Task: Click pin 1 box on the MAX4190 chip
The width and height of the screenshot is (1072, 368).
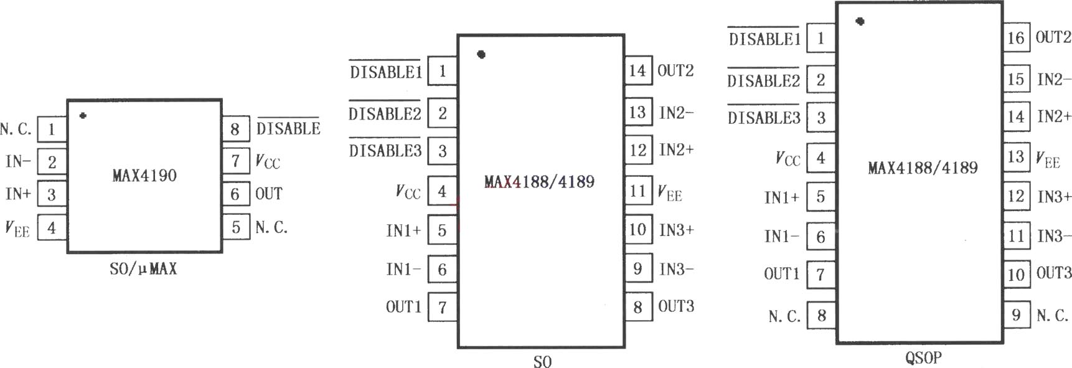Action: [x=52, y=129]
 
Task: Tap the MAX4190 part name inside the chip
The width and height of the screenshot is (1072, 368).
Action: [x=144, y=176]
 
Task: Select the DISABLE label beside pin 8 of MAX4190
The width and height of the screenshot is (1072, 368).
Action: [x=288, y=128]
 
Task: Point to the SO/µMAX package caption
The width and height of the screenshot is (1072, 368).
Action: [x=143, y=269]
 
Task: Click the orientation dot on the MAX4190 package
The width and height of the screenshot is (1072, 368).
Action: [x=83, y=116]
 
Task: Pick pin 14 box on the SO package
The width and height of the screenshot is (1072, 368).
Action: [x=637, y=70]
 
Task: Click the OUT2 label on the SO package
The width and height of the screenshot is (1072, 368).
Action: [x=675, y=70]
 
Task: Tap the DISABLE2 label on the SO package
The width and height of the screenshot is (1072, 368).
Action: [x=385, y=113]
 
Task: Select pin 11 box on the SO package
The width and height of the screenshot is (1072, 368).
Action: [x=637, y=191]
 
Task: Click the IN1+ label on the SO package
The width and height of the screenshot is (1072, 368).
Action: [x=403, y=230]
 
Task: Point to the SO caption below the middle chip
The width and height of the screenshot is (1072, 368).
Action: [x=542, y=362]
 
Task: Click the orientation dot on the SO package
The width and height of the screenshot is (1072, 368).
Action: [x=481, y=55]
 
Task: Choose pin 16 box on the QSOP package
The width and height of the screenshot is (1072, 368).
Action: [x=1016, y=38]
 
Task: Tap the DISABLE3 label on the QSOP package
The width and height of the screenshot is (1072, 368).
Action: [x=764, y=117]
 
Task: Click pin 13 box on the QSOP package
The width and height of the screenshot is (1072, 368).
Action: [x=1016, y=156]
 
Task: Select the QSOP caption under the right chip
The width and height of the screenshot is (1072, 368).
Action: [x=923, y=358]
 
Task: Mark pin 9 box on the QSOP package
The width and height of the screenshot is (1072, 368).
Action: [x=1016, y=315]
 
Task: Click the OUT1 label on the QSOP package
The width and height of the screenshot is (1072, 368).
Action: [x=781, y=274]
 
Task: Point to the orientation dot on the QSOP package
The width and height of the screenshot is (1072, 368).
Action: [x=860, y=21]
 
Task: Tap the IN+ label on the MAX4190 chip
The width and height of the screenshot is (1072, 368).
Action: [x=18, y=194]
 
